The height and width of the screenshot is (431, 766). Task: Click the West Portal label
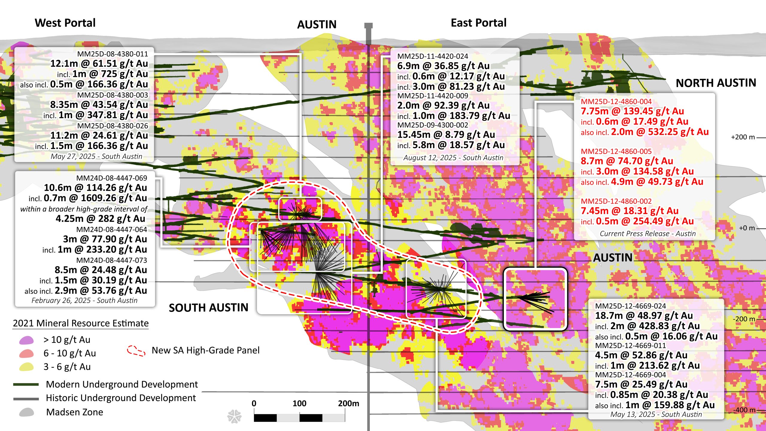(x=65, y=23)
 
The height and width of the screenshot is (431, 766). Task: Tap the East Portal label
(x=478, y=23)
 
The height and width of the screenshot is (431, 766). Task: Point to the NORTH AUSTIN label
(x=716, y=83)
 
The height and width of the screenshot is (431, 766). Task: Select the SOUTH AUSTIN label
(x=209, y=308)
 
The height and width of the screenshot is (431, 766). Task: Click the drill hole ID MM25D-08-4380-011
(x=113, y=54)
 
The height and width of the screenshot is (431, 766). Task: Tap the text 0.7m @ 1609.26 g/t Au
(x=95, y=198)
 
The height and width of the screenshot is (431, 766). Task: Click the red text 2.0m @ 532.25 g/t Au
(x=659, y=132)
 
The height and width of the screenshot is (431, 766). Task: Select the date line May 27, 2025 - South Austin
(x=96, y=156)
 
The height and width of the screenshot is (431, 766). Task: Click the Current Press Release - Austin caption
(x=648, y=233)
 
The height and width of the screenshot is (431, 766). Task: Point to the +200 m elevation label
(x=743, y=137)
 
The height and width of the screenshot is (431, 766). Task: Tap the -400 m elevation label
(x=744, y=410)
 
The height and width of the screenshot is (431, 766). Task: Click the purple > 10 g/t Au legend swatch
(x=26, y=340)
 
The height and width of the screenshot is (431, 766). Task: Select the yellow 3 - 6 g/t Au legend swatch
(x=26, y=367)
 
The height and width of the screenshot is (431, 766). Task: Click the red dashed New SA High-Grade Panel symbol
(x=136, y=351)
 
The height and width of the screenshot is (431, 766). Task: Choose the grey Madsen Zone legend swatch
(x=26, y=412)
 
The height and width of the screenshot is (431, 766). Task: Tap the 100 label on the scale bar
(x=299, y=403)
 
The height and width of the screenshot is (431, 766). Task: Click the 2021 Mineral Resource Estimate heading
(x=80, y=323)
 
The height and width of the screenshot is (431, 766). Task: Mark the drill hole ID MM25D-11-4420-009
(x=432, y=96)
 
